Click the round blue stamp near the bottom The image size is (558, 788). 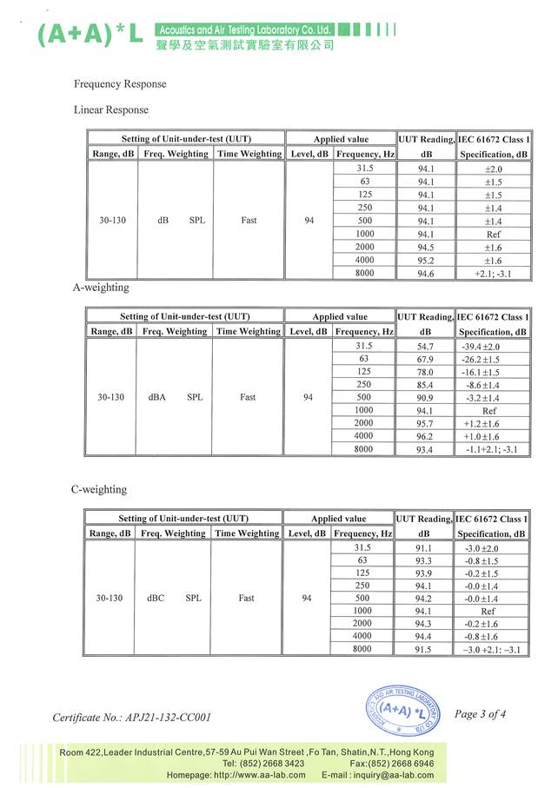point(402,713)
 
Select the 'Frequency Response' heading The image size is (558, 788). point(120,84)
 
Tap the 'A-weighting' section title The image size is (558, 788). point(100,288)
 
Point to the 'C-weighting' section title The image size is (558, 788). point(98,490)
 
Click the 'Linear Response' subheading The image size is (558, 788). point(111,110)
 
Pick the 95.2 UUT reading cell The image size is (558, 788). point(426,260)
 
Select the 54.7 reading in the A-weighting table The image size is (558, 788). point(425,346)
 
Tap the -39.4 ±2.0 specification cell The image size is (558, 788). point(492,346)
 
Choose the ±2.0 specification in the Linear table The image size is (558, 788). point(493,169)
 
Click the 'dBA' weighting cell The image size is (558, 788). point(157,397)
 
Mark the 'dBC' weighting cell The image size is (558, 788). point(156,599)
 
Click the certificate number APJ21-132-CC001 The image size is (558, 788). point(131,718)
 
